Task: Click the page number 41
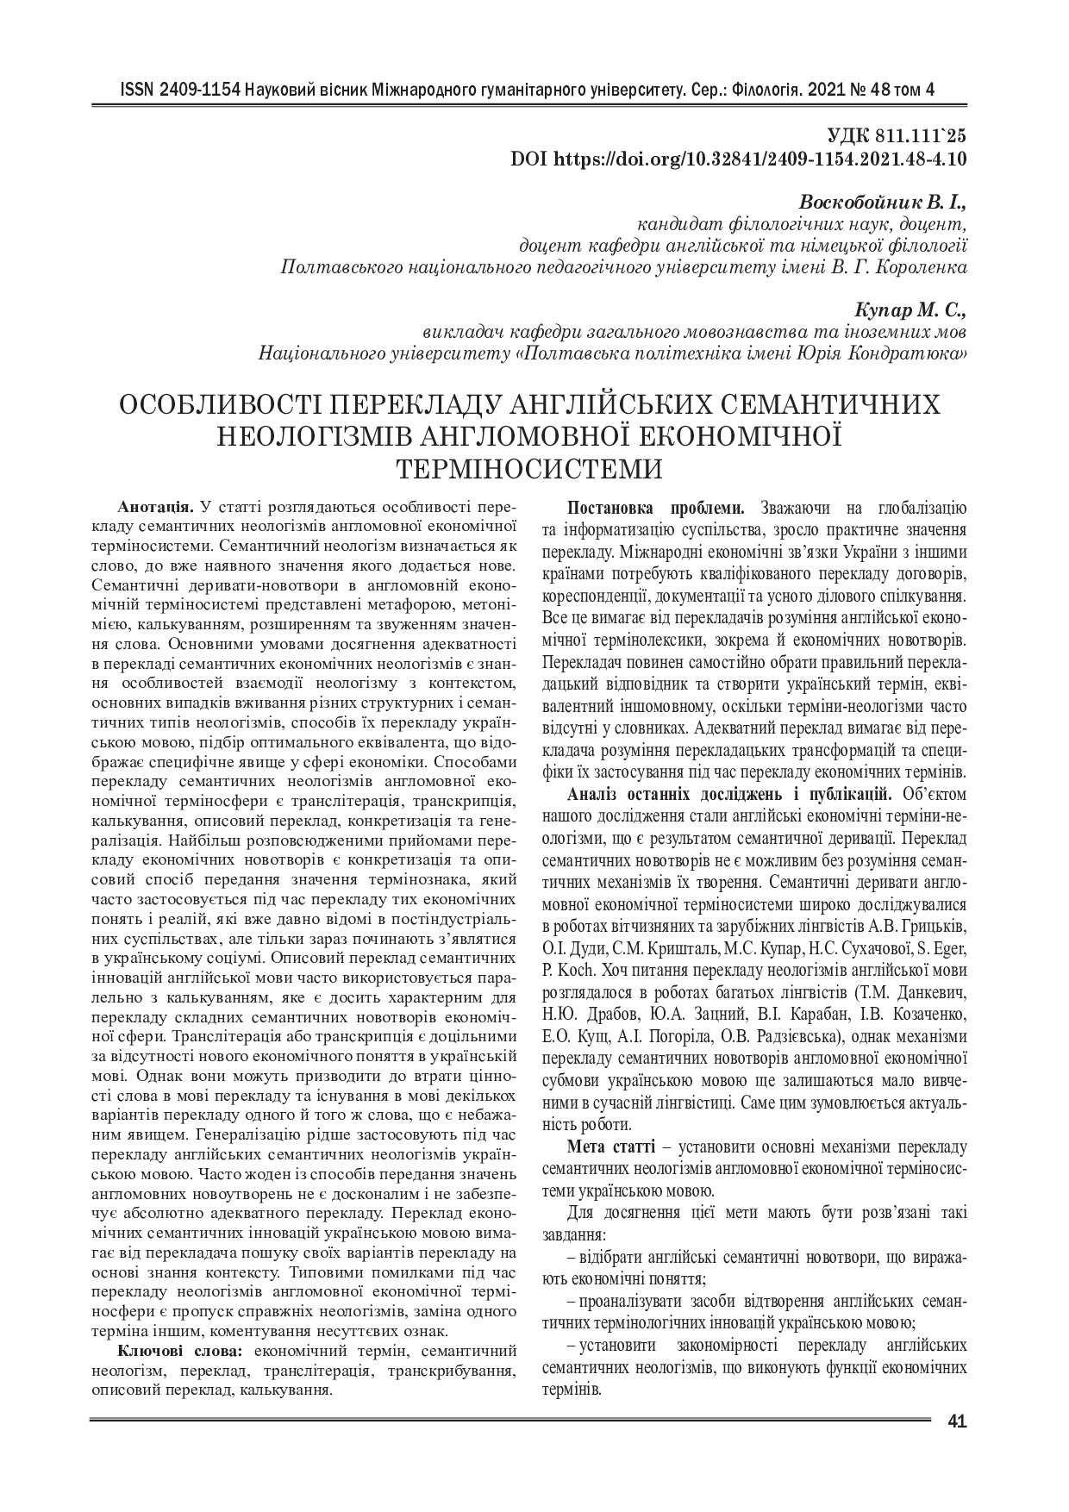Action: (x=956, y=1421)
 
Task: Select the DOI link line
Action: (x=739, y=159)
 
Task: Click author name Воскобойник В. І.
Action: (x=884, y=204)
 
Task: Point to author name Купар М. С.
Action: (x=910, y=309)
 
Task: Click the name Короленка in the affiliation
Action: (x=920, y=268)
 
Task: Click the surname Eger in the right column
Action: (x=949, y=950)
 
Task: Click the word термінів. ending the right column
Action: (x=572, y=1390)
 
